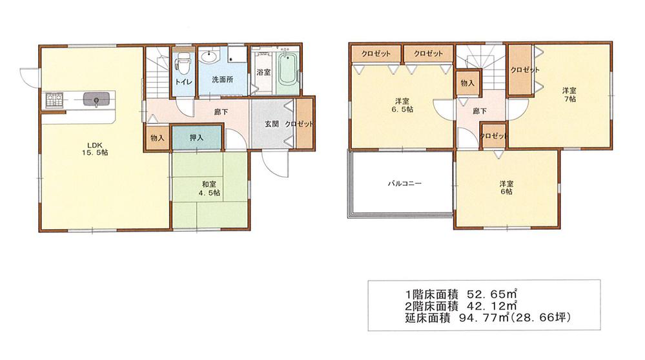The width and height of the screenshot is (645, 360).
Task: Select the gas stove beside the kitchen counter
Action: [53, 100]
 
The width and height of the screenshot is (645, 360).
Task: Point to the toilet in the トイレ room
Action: [183, 64]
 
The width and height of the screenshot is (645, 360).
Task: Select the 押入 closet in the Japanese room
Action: [197, 138]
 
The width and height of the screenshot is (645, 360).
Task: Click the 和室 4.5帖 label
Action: [209, 186]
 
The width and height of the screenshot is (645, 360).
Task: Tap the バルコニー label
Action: [405, 184]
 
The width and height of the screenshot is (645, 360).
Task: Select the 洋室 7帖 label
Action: [568, 95]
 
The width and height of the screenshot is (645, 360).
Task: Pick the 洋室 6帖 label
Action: [506, 187]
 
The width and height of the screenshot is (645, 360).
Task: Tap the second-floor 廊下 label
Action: [479, 111]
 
